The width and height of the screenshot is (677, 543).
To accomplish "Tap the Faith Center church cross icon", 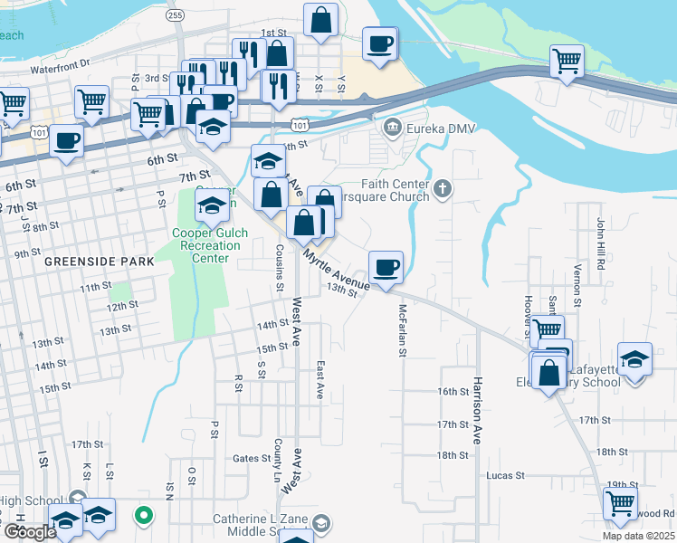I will [442, 188].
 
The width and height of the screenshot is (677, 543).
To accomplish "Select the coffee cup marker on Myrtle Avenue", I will [386, 267].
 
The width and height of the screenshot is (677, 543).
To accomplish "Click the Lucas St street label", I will [505, 475].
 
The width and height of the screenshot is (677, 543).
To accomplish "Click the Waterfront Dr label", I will [61, 65].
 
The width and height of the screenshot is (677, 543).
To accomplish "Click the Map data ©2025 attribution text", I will [639, 536].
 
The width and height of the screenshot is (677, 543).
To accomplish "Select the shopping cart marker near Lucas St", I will [620, 503].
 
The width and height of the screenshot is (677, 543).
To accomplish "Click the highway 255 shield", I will [176, 14].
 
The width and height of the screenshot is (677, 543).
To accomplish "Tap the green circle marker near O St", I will [143, 516].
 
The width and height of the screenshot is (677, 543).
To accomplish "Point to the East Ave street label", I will [319, 380].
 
